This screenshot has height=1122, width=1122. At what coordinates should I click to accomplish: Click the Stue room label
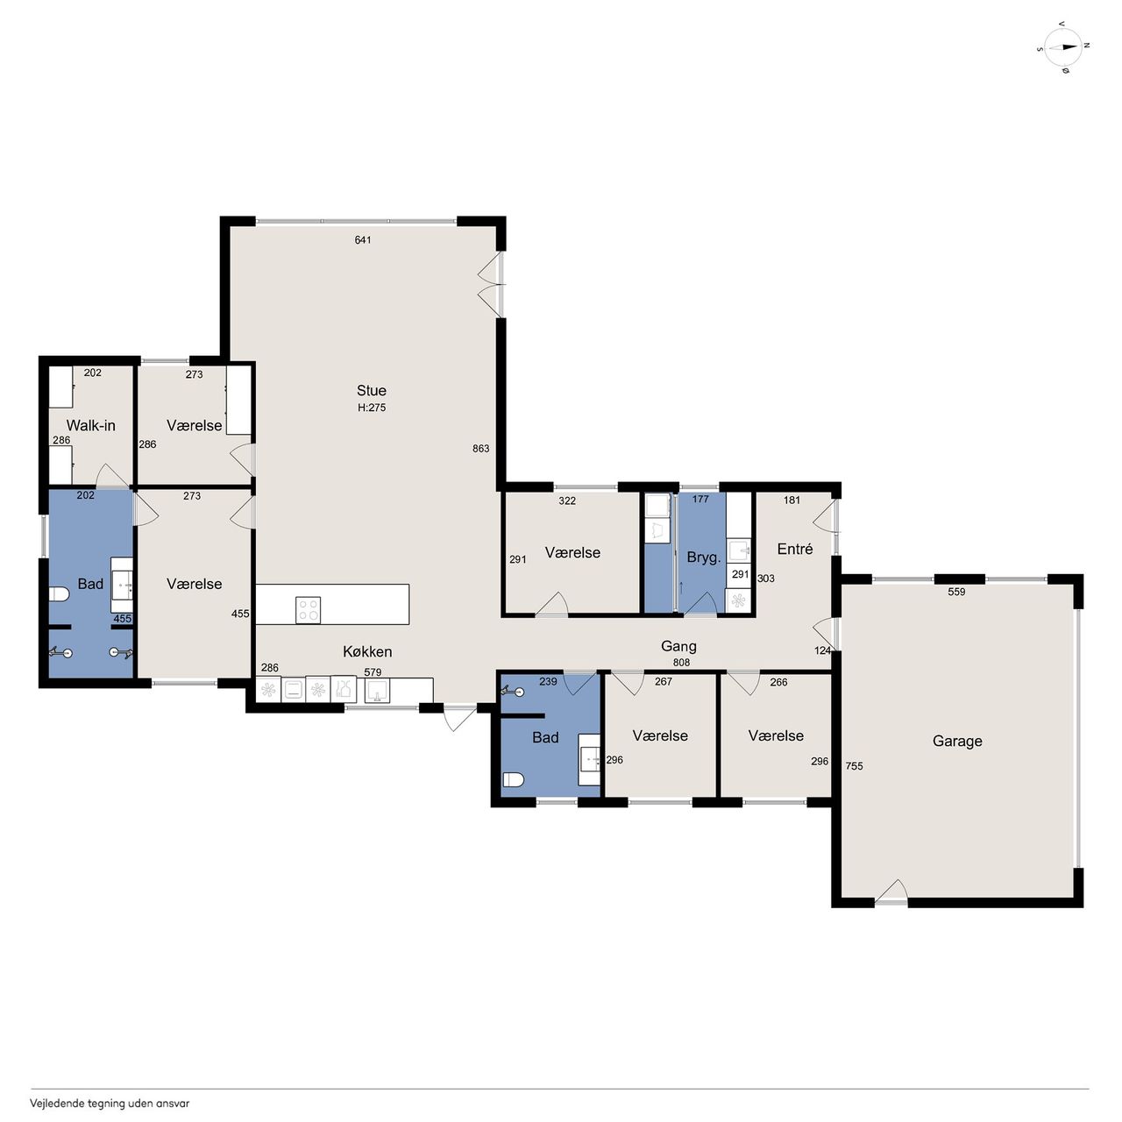372,391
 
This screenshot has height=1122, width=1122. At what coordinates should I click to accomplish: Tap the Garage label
957,742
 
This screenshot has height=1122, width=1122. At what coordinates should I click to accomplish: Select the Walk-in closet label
91,426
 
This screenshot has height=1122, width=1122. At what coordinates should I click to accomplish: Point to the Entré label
795,549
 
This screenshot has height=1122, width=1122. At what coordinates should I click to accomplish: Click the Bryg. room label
704,557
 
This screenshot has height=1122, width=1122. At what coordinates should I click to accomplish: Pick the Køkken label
367,651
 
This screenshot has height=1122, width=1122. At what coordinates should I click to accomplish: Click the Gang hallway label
679,646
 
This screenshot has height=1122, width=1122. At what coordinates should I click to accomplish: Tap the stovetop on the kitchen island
308,609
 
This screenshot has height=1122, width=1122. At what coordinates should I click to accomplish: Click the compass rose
1063,47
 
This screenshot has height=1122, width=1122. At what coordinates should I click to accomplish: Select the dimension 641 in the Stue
363,240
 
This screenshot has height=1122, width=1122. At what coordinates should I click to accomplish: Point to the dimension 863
481,448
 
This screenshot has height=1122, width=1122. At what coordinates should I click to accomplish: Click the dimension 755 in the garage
854,766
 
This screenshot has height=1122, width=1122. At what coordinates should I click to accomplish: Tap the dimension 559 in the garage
956,592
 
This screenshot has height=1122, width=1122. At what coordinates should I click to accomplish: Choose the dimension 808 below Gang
681,662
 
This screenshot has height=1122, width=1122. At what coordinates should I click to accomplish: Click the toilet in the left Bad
59,594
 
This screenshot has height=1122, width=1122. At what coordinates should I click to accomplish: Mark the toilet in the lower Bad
513,779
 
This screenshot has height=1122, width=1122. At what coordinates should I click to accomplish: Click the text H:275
372,408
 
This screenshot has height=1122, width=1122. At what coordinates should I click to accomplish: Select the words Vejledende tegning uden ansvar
110,1103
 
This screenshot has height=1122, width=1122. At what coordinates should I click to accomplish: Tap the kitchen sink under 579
377,691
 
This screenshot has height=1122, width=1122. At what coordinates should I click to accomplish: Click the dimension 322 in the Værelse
567,501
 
